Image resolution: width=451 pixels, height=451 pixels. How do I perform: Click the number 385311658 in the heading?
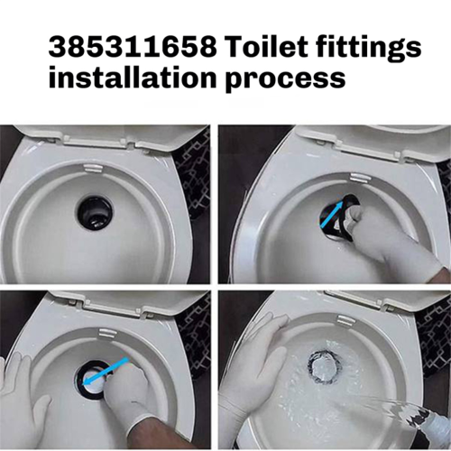pyautogui.click(x=133, y=47)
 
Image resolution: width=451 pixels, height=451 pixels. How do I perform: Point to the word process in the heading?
pyautogui.click(x=285, y=79)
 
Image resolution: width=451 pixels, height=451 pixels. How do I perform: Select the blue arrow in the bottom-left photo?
pyautogui.click(x=106, y=372)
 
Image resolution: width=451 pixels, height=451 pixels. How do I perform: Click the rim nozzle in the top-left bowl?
pyautogui.click(x=92, y=167)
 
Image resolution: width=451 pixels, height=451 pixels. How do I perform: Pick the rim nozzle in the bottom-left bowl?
pyautogui.click(x=107, y=333)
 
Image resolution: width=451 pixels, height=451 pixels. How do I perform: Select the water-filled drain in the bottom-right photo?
pyautogui.click(x=325, y=366)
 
